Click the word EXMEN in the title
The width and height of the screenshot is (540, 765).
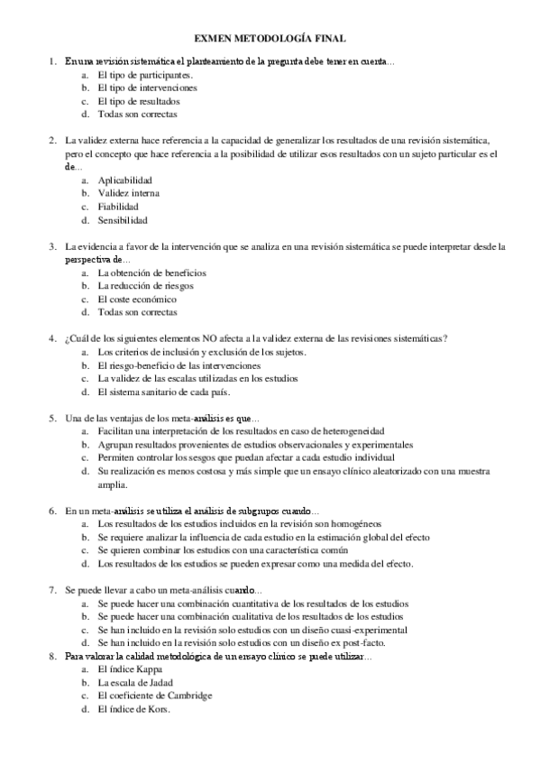pos(214,39)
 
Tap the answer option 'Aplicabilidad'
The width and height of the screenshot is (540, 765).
pos(125,180)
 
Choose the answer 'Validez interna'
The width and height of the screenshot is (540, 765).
pos(130,193)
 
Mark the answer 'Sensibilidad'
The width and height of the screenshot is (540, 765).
pos(123,220)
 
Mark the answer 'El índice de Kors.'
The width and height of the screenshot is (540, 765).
pos(134,709)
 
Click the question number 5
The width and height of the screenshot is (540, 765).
pos(52,418)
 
